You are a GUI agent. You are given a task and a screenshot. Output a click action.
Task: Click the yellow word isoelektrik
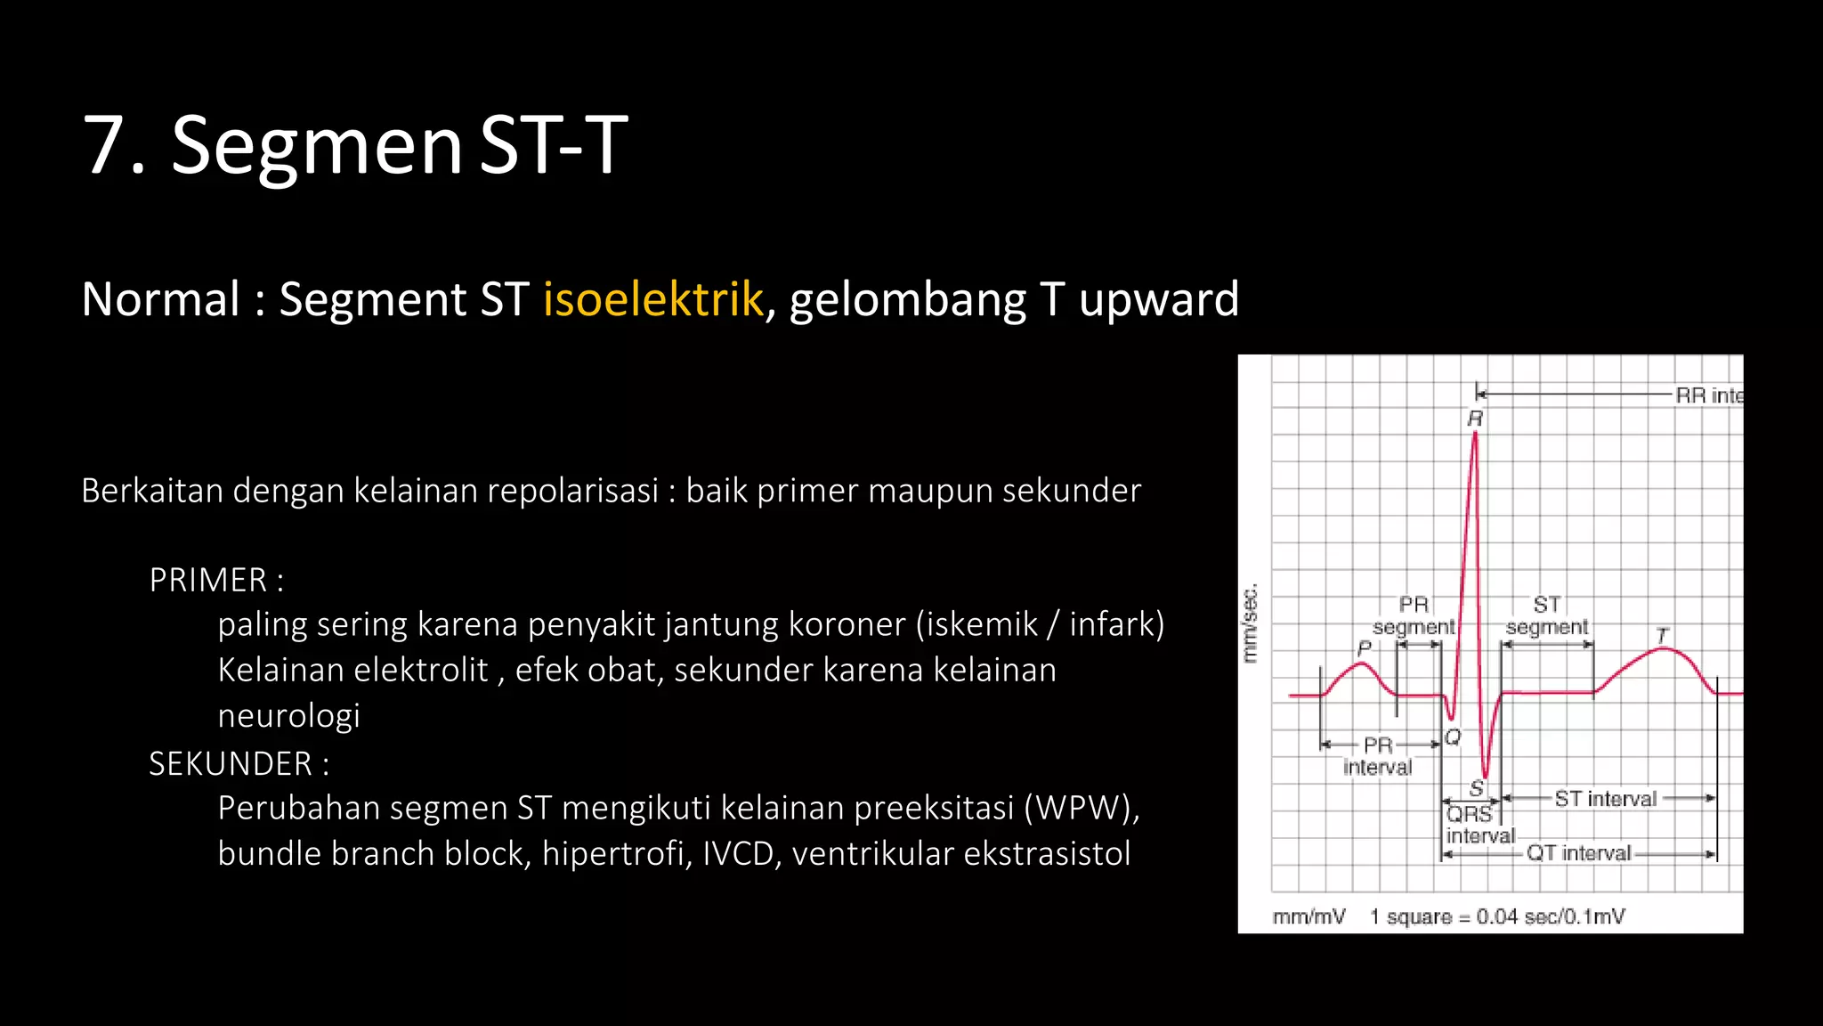click(652, 299)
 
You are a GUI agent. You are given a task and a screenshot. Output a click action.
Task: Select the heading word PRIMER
click(207, 581)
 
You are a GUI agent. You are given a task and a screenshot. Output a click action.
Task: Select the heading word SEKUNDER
click(230, 764)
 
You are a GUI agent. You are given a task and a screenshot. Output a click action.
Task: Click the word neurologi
click(288, 716)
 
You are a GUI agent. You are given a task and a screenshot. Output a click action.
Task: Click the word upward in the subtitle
click(1158, 299)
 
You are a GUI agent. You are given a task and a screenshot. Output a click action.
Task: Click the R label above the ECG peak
click(1475, 419)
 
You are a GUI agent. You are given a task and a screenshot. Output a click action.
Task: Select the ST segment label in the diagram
click(1546, 615)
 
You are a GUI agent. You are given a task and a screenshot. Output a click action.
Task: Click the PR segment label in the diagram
click(1414, 615)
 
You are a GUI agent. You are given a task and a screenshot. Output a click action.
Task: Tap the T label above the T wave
click(1661, 635)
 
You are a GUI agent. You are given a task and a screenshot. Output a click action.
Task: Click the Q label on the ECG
click(1453, 737)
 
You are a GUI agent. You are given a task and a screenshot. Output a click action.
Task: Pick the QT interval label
click(1578, 853)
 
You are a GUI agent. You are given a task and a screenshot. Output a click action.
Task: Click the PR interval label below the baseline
click(1377, 756)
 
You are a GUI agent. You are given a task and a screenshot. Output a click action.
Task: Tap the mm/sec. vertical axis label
click(1250, 623)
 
